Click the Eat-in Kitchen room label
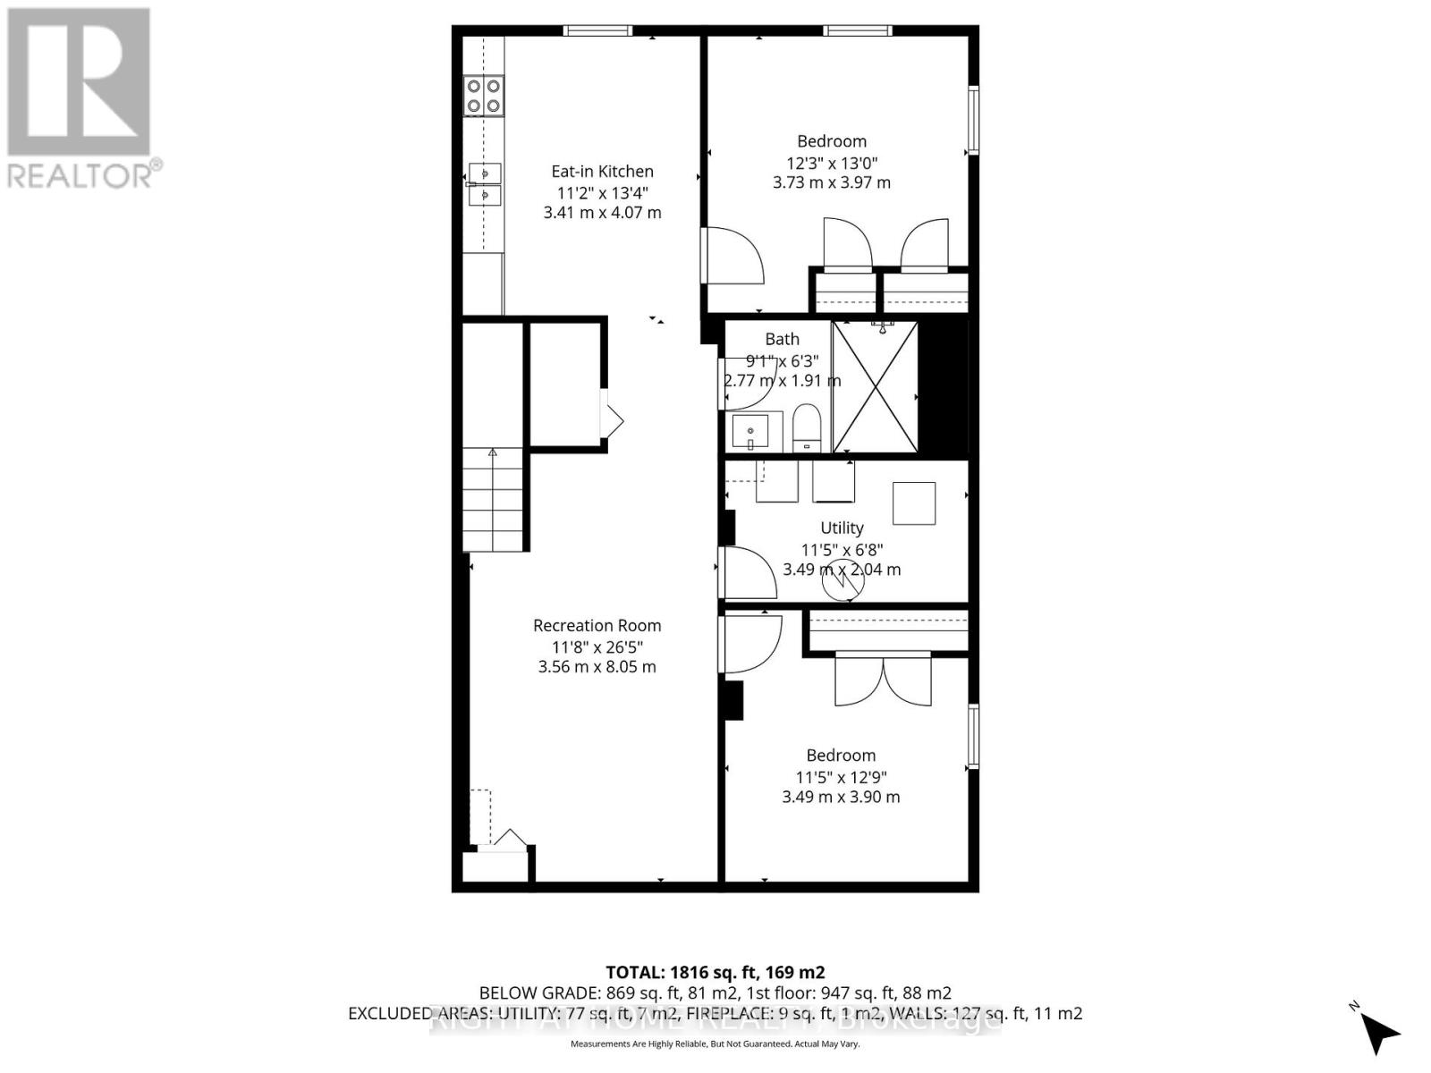(x=602, y=171)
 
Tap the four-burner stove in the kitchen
(x=483, y=96)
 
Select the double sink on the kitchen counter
(x=484, y=184)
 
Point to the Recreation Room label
(x=597, y=626)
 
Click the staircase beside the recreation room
(x=492, y=500)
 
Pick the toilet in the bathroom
(x=806, y=427)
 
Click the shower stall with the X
(x=875, y=386)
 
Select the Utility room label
(x=842, y=528)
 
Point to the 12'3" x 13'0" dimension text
(x=832, y=162)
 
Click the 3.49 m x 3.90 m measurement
(x=841, y=797)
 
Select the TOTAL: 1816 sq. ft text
(x=715, y=972)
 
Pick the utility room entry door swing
(x=748, y=572)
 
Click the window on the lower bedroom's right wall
(x=973, y=735)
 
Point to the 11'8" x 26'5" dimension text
(x=597, y=646)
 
